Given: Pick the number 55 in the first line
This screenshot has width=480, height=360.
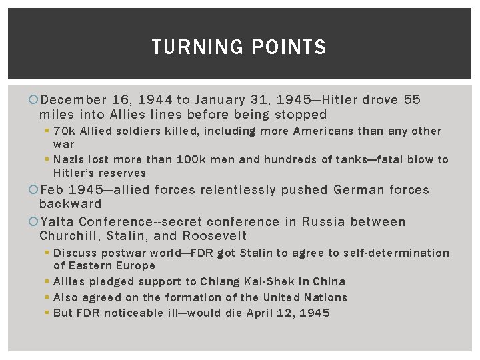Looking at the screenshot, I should (412, 101).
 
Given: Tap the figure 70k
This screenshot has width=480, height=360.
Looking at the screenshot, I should (63, 131).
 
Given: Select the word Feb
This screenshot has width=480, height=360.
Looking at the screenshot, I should (53, 190).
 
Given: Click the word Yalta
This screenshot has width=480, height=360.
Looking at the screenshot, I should (57, 221).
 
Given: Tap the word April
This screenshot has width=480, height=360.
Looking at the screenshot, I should (265, 313).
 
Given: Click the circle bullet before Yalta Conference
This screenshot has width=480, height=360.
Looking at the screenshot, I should (34, 221).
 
